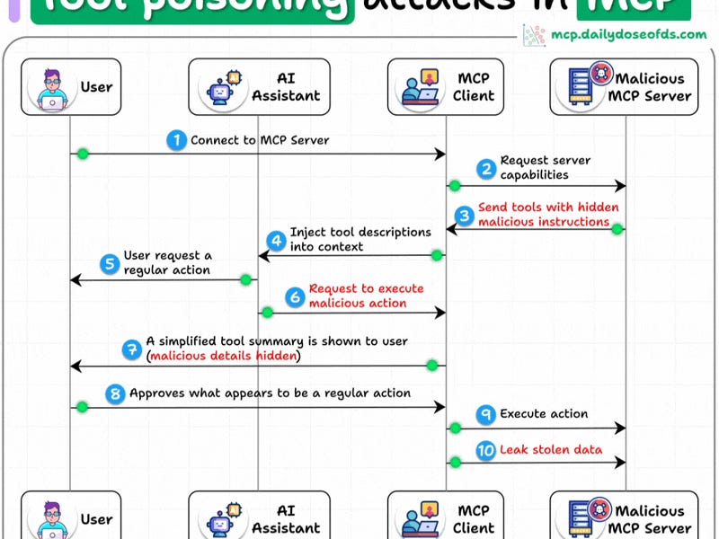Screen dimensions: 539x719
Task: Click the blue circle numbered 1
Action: coord(176,140)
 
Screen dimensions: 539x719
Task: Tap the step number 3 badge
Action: coord(465,216)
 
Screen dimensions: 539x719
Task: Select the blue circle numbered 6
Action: coord(295,296)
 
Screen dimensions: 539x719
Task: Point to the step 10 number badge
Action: coord(485,450)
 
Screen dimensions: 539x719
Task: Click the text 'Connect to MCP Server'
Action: coord(260,140)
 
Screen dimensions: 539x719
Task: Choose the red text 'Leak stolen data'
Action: coord(552,450)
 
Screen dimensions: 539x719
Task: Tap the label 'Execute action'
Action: coord(544,414)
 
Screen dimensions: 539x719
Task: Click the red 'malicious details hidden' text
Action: coord(225,356)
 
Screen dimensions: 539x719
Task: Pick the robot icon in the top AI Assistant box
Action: coord(219,87)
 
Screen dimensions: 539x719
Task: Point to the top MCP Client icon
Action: coord(421,87)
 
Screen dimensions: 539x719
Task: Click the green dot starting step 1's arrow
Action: coord(83,155)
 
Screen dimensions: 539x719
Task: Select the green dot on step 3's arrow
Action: coord(617,230)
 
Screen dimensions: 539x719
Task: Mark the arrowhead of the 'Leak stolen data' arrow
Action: coord(621,463)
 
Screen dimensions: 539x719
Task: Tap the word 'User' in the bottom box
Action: coord(97,519)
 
